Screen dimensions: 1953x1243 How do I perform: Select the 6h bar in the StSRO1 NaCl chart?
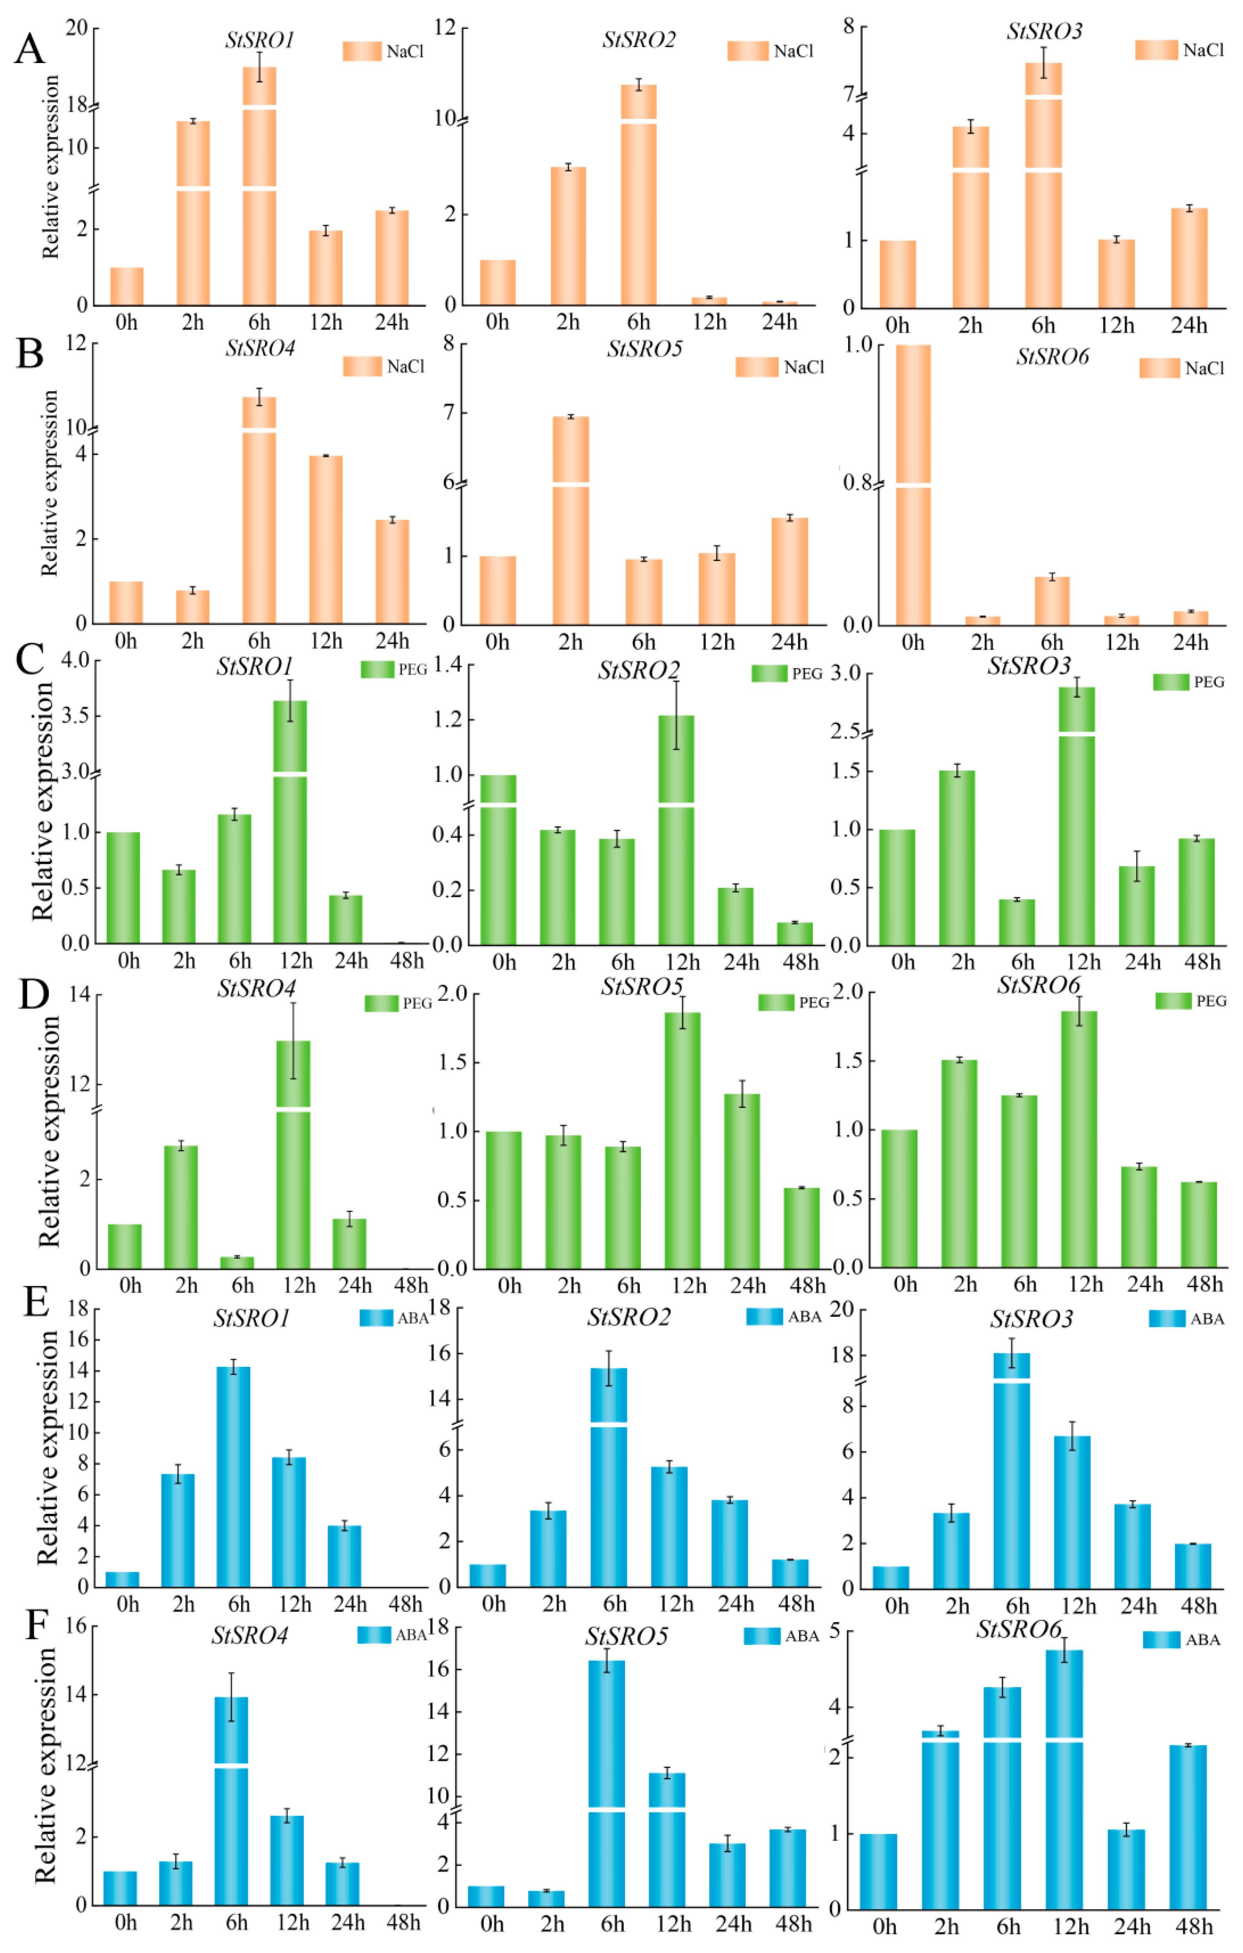click(260, 187)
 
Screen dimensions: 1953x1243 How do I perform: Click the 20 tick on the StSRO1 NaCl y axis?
click(76, 28)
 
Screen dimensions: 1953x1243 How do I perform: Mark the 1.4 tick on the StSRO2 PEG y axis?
click(448, 665)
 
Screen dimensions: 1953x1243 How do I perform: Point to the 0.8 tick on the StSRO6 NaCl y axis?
click(857, 483)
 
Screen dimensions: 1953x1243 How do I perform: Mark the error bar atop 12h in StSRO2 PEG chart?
click(676, 715)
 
